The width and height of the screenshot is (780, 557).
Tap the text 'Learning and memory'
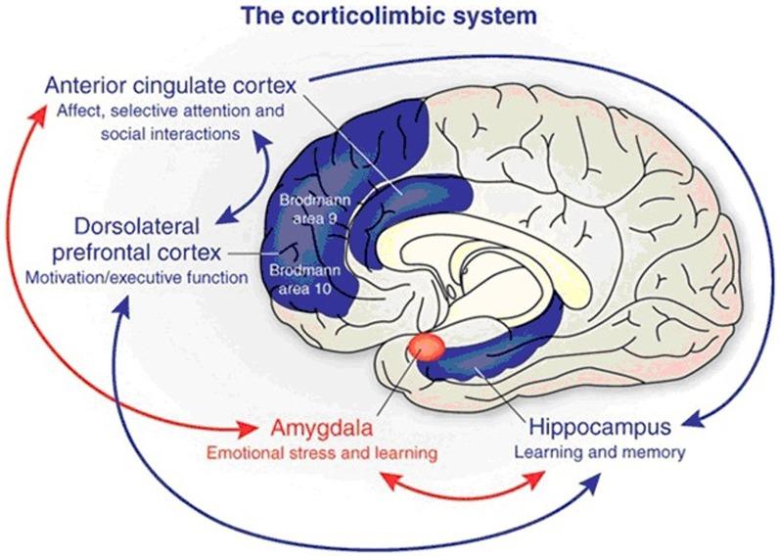(x=599, y=453)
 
